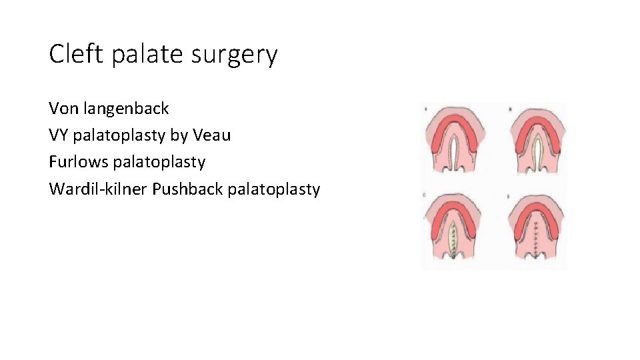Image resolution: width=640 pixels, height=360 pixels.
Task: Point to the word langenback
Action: [x=127, y=108]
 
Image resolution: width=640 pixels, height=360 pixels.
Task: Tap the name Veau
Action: [x=211, y=135]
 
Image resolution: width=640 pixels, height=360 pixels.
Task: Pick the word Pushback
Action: [x=188, y=189]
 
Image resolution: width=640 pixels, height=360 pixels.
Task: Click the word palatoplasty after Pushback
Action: [x=274, y=189]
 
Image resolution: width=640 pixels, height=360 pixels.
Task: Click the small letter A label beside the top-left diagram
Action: [x=425, y=109]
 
